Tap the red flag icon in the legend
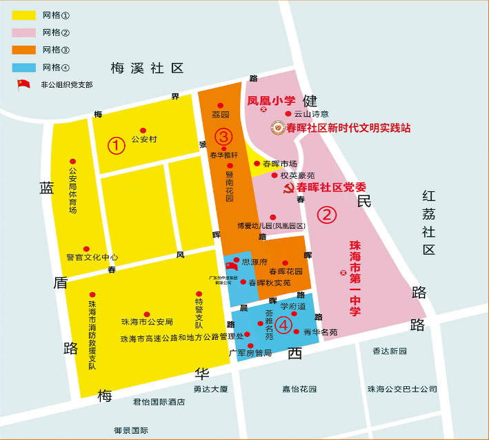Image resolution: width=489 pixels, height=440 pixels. click(24, 84)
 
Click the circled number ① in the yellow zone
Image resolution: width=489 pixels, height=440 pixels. click(116, 145)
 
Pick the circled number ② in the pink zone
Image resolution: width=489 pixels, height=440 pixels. click(326, 214)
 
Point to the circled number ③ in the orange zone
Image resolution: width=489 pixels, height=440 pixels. click(223, 136)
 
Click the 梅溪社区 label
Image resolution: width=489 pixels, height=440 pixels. click(148, 68)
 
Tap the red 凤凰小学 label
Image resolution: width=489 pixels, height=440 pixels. click(271, 100)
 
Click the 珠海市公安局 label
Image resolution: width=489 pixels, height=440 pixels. click(146, 322)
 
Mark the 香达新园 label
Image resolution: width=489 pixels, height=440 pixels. click(390, 351)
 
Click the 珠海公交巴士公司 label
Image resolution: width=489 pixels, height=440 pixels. click(402, 389)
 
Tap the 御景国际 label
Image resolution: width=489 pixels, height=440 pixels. click(131, 430)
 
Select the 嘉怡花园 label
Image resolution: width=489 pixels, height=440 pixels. click(299, 389)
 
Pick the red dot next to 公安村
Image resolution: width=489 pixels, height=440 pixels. click(143, 130)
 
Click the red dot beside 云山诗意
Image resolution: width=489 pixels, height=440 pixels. click(288, 113)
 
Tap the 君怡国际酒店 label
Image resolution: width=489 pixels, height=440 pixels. click(159, 401)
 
